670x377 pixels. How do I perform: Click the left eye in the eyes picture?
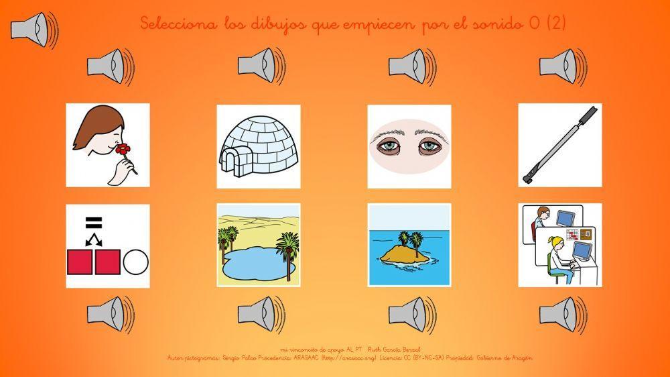tap(387, 146)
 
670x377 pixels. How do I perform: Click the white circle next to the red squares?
tap(137, 262)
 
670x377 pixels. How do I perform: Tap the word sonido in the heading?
tap(498, 24)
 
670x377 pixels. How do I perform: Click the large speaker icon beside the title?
tap(33, 30)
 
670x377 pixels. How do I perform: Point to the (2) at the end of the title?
tap(556, 24)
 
